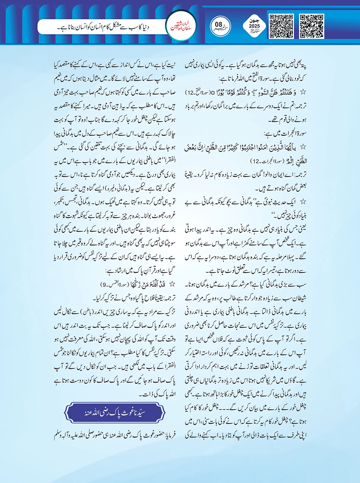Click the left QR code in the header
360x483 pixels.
point(281,26)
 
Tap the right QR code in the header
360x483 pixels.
point(312,26)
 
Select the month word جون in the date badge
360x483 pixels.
point(254,21)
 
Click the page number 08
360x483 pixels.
point(219,25)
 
